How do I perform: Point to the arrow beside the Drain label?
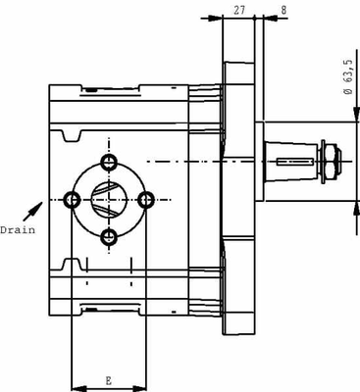pyautogui.click(x=35, y=209)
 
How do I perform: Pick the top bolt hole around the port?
pyautogui.click(x=109, y=161)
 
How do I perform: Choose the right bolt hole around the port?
pyautogui.click(x=147, y=199)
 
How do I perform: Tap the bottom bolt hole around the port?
pyautogui.click(x=109, y=237)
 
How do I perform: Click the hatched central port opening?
pyautogui.click(x=109, y=199)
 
